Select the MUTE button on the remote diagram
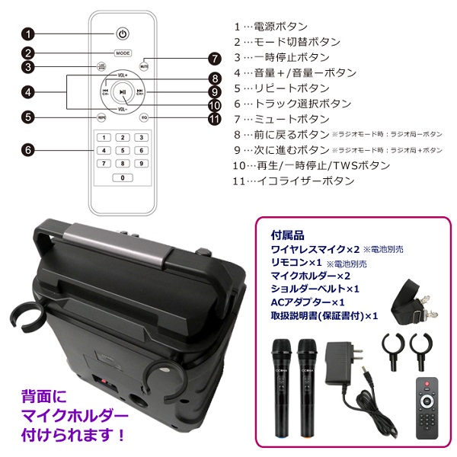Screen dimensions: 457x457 pyautogui.click(x=143, y=66)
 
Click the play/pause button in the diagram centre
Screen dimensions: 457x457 pyautogui.click(x=123, y=92)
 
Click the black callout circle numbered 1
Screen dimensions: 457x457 pyautogui.click(x=28, y=34)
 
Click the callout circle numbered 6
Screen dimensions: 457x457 pyautogui.click(x=28, y=150)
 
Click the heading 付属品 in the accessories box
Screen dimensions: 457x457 pyautogui.click(x=286, y=234)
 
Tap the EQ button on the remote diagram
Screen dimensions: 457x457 pyautogui.click(x=143, y=117)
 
